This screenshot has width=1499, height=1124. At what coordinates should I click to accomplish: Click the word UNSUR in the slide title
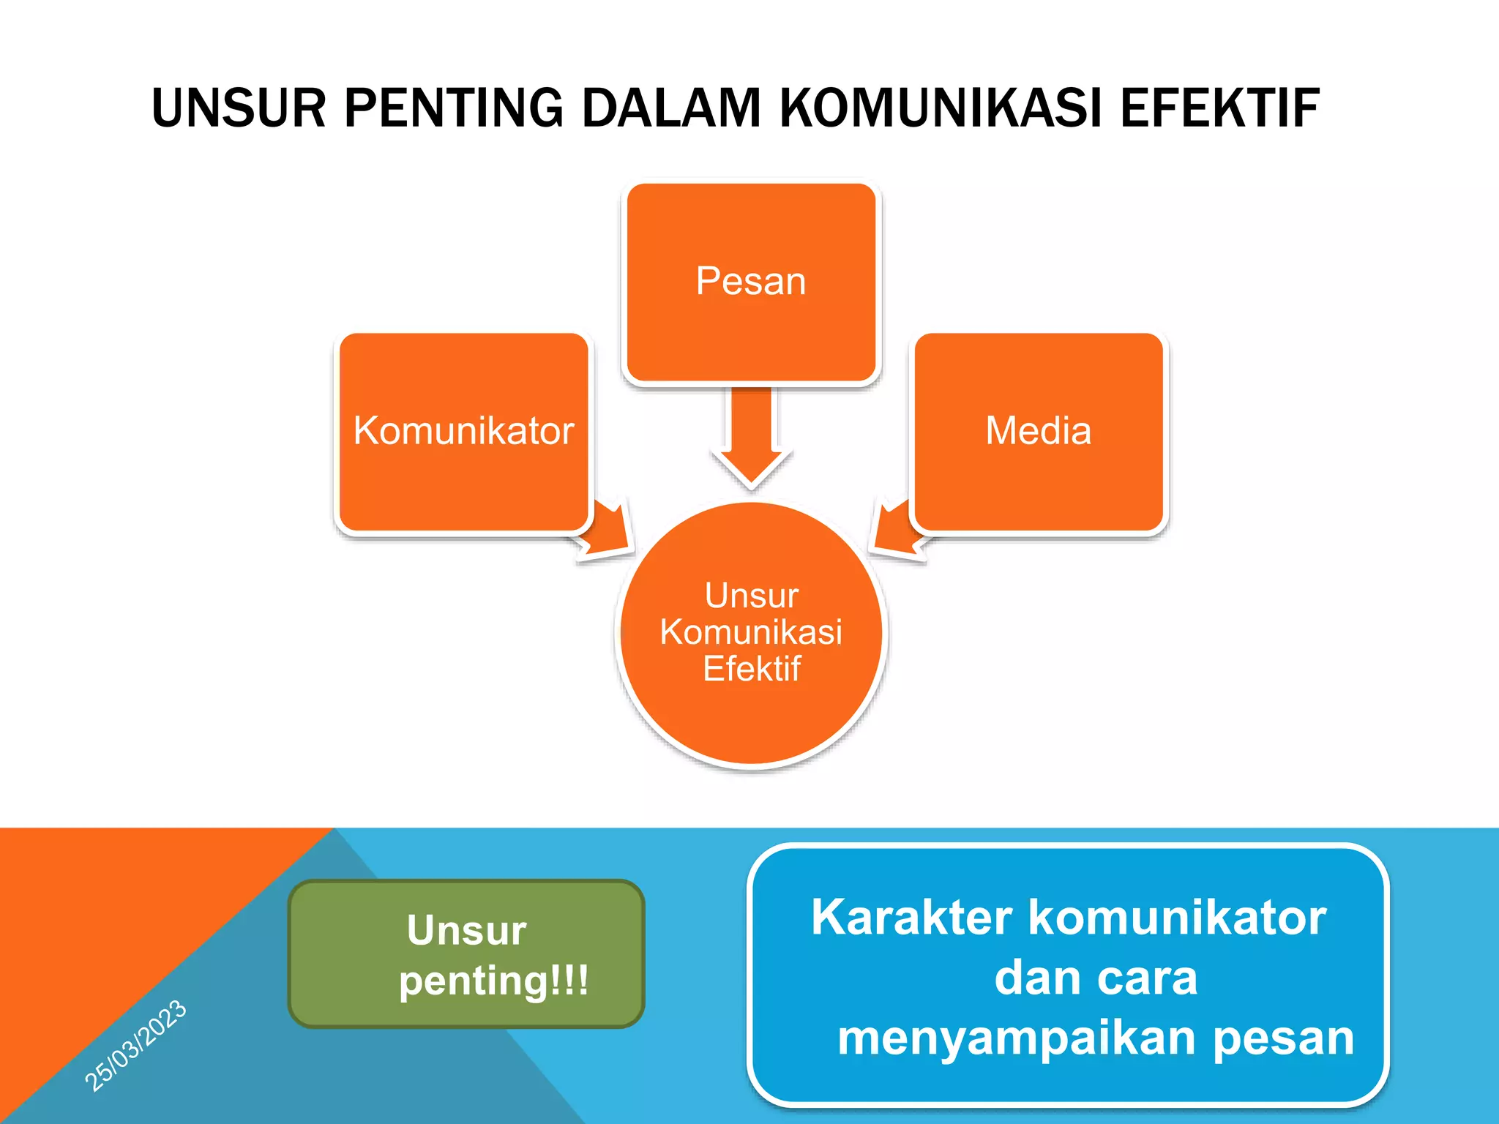238,108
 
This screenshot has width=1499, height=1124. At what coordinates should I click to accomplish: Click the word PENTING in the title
453,108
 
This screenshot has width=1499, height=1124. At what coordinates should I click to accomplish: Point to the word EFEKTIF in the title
1220,108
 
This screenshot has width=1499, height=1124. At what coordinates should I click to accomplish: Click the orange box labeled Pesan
751,282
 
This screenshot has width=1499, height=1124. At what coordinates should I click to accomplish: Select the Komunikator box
464,432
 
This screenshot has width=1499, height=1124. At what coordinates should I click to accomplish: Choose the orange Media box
1038,432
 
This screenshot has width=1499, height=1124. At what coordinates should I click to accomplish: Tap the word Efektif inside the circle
752,669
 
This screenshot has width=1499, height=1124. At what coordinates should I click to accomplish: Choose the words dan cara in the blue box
1096,978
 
